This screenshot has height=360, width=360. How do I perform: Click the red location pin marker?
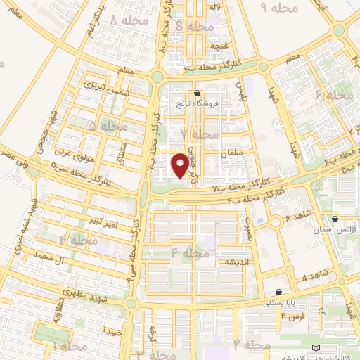pos(181,165)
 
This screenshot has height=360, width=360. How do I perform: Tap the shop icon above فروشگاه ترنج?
pos(198,93)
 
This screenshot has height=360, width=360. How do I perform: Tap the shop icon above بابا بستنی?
pos(279,292)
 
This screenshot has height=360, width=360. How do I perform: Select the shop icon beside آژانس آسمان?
pos(335,218)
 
